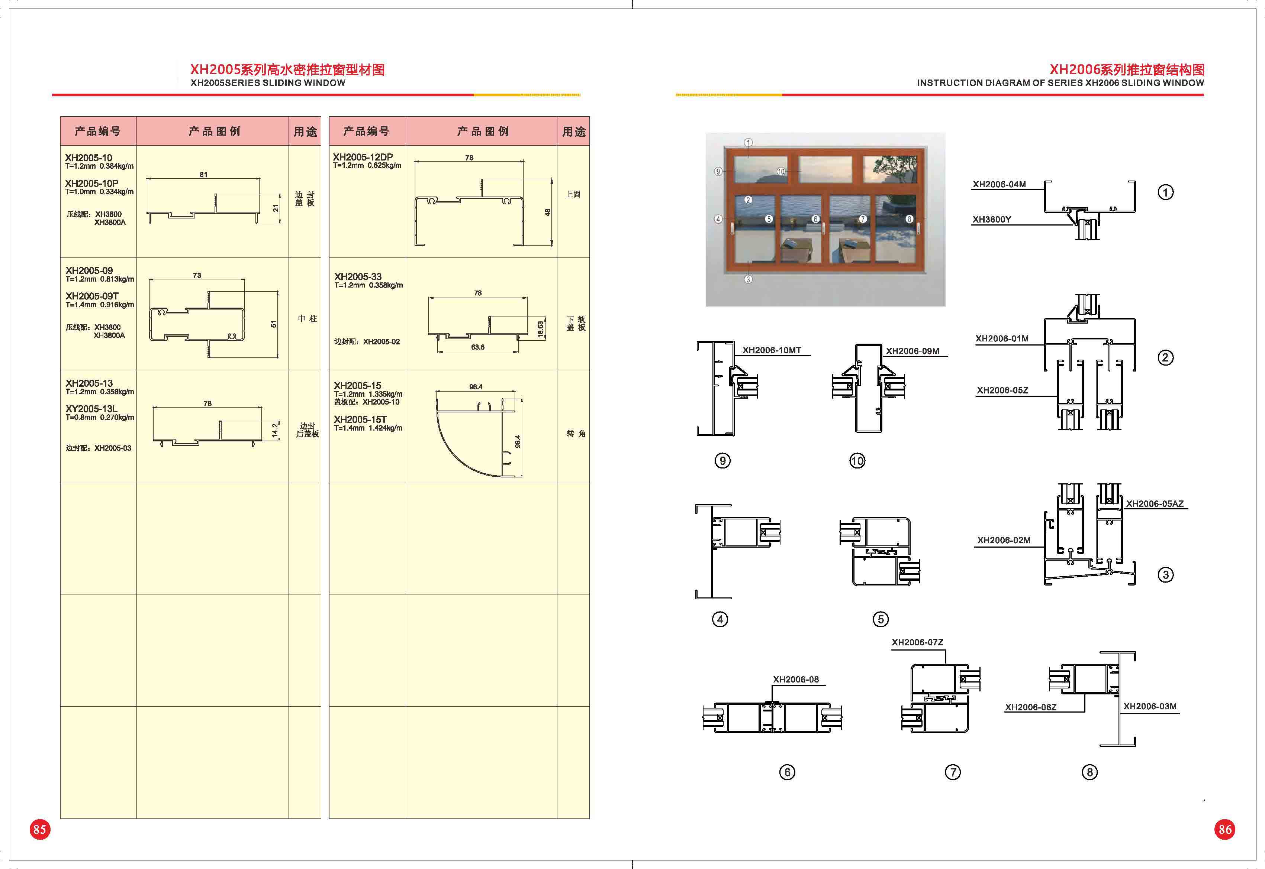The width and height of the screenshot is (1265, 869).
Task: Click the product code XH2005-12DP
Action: coord(363,157)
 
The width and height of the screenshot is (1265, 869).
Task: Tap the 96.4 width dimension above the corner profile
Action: coord(476,387)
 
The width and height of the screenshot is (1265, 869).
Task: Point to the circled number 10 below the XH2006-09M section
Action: coord(857,461)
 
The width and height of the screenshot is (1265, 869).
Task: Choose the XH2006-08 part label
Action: coord(796,680)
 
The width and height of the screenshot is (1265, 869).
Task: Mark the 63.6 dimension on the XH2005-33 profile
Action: coord(478,347)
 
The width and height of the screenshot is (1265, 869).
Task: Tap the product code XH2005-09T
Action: coord(92,296)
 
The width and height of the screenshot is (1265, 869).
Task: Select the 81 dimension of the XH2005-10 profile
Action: coord(203,175)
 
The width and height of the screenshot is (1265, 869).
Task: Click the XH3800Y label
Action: coord(992,220)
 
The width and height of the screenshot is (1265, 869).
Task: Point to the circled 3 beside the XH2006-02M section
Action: coord(1165,575)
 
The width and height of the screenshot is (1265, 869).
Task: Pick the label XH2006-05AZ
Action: coord(1155,504)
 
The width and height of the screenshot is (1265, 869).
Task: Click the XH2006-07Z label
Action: coord(917,642)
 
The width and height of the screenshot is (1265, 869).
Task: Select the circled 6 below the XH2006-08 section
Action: coord(787,772)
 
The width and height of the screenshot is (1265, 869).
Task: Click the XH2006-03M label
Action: coord(1150,706)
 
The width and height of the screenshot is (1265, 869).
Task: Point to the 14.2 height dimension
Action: coord(275,431)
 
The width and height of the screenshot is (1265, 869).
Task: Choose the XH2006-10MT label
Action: coord(772,350)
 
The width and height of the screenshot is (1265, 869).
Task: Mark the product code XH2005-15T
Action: coord(360,419)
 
